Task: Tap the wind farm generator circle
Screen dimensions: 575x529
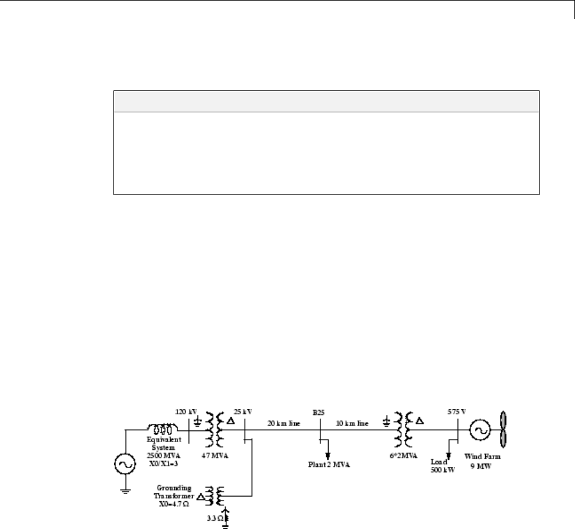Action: (479, 431)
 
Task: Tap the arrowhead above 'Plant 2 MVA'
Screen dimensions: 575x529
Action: (327, 455)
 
